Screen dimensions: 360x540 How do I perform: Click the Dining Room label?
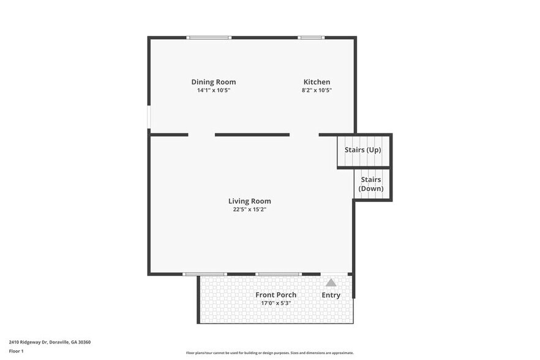pyautogui.click(x=213, y=82)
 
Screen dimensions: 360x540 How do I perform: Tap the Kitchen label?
pyautogui.click(x=317, y=82)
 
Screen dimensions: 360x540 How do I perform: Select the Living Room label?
pyautogui.click(x=249, y=201)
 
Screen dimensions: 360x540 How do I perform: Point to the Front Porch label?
pyautogui.click(x=276, y=294)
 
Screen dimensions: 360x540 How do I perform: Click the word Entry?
pyautogui.click(x=331, y=295)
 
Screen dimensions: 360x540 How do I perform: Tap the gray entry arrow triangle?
pyautogui.click(x=331, y=282)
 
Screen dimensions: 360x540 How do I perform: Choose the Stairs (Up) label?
pyautogui.click(x=363, y=150)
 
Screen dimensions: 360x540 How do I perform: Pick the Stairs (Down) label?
pyautogui.click(x=371, y=184)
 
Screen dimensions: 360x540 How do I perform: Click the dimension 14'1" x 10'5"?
pyautogui.click(x=213, y=91)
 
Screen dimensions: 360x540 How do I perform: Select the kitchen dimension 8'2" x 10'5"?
pyautogui.click(x=317, y=91)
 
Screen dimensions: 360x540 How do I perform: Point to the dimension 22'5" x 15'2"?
pyautogui.click(x=249, y=209)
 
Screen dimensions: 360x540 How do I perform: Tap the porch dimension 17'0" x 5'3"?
pyautogui.click(x=276, y=302)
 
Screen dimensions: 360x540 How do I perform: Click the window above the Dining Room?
pyautogui.click(x=209, y=38)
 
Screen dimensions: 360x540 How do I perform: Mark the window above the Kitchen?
pyautogui.click(x=311, y=38)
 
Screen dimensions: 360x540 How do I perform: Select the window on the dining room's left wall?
pyautogui.click(x=149, y=118)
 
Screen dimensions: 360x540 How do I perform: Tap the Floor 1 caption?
pyautogui.click(x=16, y=351)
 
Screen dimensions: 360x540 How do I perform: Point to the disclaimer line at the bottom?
pyautogui.click(x=269, y=353)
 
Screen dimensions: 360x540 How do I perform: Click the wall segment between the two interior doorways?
pyautogui.click(x=252, y=135)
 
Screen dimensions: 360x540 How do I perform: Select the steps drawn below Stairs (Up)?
pyautogui.click(x=364, y=160)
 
